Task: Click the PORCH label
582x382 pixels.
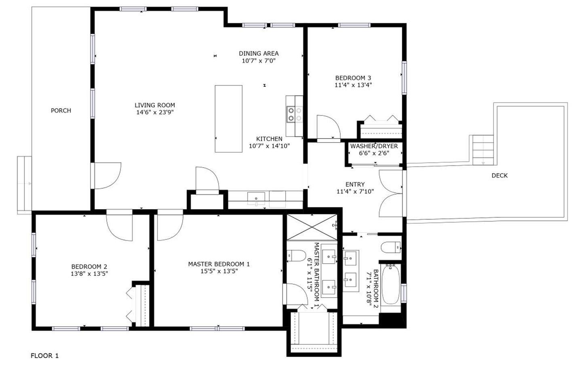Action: (x=61, y=110)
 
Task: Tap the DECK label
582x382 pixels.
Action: (x=499, y=175)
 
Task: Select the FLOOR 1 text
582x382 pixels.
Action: (x=44, y=356)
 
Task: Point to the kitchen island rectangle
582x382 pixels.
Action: (x=228, y=119)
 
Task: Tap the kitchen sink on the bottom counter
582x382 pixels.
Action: (x=256, y=198)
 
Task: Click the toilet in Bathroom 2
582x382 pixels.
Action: (x=390, y=247)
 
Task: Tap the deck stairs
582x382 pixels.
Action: (x=483, y=150)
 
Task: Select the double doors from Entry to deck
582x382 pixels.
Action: (x=391, y=193)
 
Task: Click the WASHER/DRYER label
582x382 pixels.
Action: (x=374, y=146)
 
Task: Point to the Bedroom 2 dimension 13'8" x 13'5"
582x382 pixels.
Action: (x=89, y=274)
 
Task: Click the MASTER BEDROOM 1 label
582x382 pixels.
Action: (x=219, y=264)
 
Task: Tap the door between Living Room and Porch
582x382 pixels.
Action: (x=106, y=176)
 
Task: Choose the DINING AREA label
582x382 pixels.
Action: (x=259, y=53)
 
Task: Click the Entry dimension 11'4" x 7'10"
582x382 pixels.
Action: (x=355, y=192)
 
